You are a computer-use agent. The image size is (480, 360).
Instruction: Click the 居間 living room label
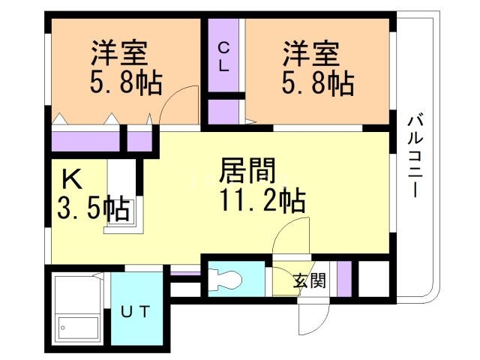pos(243,169)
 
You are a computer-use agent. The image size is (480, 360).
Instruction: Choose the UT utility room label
pos(137,310)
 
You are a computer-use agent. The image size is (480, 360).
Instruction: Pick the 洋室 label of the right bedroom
pos(310,54)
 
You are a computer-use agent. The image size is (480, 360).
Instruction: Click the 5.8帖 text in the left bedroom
pos(126,82)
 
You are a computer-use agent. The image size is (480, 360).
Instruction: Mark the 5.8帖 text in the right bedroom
pos(316,82)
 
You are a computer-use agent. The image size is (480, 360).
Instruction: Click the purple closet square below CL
pos(223,111)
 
